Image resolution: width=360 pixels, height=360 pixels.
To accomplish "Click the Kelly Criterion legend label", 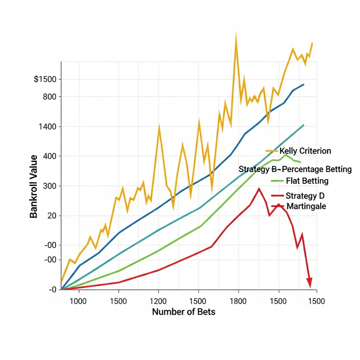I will [305, 151].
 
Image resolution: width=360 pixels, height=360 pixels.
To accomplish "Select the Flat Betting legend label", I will [307, 181].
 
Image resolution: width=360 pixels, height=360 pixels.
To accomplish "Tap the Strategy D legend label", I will [305, 196].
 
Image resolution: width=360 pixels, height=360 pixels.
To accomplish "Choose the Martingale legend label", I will [306, 206].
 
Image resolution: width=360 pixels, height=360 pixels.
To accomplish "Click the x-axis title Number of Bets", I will [184, 312].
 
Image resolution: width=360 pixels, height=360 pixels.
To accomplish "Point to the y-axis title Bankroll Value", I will [34, 186].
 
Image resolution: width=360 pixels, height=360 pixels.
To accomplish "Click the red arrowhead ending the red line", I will [309, 283].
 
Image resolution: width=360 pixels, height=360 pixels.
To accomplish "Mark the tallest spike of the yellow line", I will [236, 37].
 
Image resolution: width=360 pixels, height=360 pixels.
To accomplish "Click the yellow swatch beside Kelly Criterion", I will [272, 151].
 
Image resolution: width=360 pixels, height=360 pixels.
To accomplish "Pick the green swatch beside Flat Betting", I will [277, 181].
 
